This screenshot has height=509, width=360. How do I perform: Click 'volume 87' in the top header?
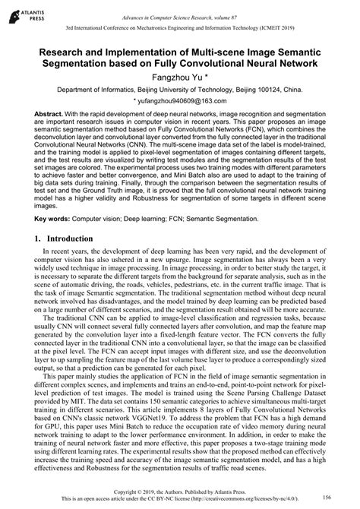click(262, 8)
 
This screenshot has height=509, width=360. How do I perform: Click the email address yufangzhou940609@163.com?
click(181, 100)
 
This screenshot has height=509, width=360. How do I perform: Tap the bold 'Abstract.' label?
click(50, 113)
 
